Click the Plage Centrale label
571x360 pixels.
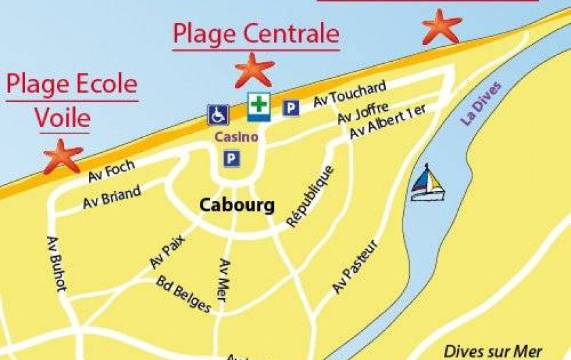256,33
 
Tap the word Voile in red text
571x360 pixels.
62,118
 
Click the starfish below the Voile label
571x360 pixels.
63,156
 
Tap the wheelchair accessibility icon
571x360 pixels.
218,115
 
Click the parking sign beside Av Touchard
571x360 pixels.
291,107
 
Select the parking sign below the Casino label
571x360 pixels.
232,158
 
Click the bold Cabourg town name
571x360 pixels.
237,205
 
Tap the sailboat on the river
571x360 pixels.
426,183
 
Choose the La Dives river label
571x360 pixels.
481,103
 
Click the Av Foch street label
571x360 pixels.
111,171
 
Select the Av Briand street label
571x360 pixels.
111,198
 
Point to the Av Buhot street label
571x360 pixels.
56,264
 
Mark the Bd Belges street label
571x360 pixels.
184,294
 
